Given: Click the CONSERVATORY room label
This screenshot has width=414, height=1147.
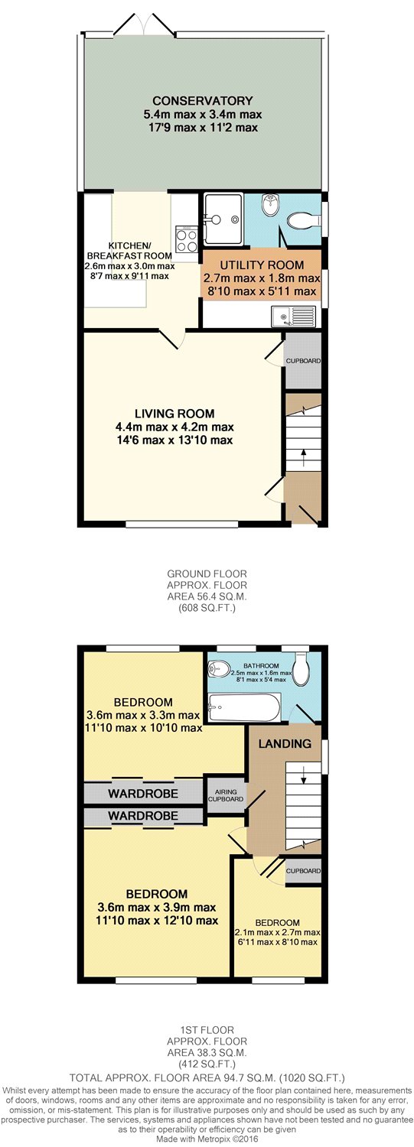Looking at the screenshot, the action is (203, 101).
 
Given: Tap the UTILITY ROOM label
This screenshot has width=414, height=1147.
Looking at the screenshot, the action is (262, 265).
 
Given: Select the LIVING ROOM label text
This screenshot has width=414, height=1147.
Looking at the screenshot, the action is (174, 414).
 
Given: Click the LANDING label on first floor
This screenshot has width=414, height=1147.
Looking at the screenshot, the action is (285, 743).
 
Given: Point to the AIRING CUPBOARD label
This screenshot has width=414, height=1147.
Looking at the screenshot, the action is (226, 795).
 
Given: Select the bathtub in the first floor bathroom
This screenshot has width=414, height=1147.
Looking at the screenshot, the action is (244, 707).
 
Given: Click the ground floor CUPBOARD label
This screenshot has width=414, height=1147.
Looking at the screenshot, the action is (303, 360).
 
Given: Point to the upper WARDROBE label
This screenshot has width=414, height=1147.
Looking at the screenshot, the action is (143, 794).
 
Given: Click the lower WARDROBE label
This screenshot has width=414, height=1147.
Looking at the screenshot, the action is (143, 815).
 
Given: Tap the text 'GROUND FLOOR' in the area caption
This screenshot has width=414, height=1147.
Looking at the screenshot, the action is (207, 574).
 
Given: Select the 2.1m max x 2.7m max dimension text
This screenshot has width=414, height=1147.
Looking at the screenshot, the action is (277, 932).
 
